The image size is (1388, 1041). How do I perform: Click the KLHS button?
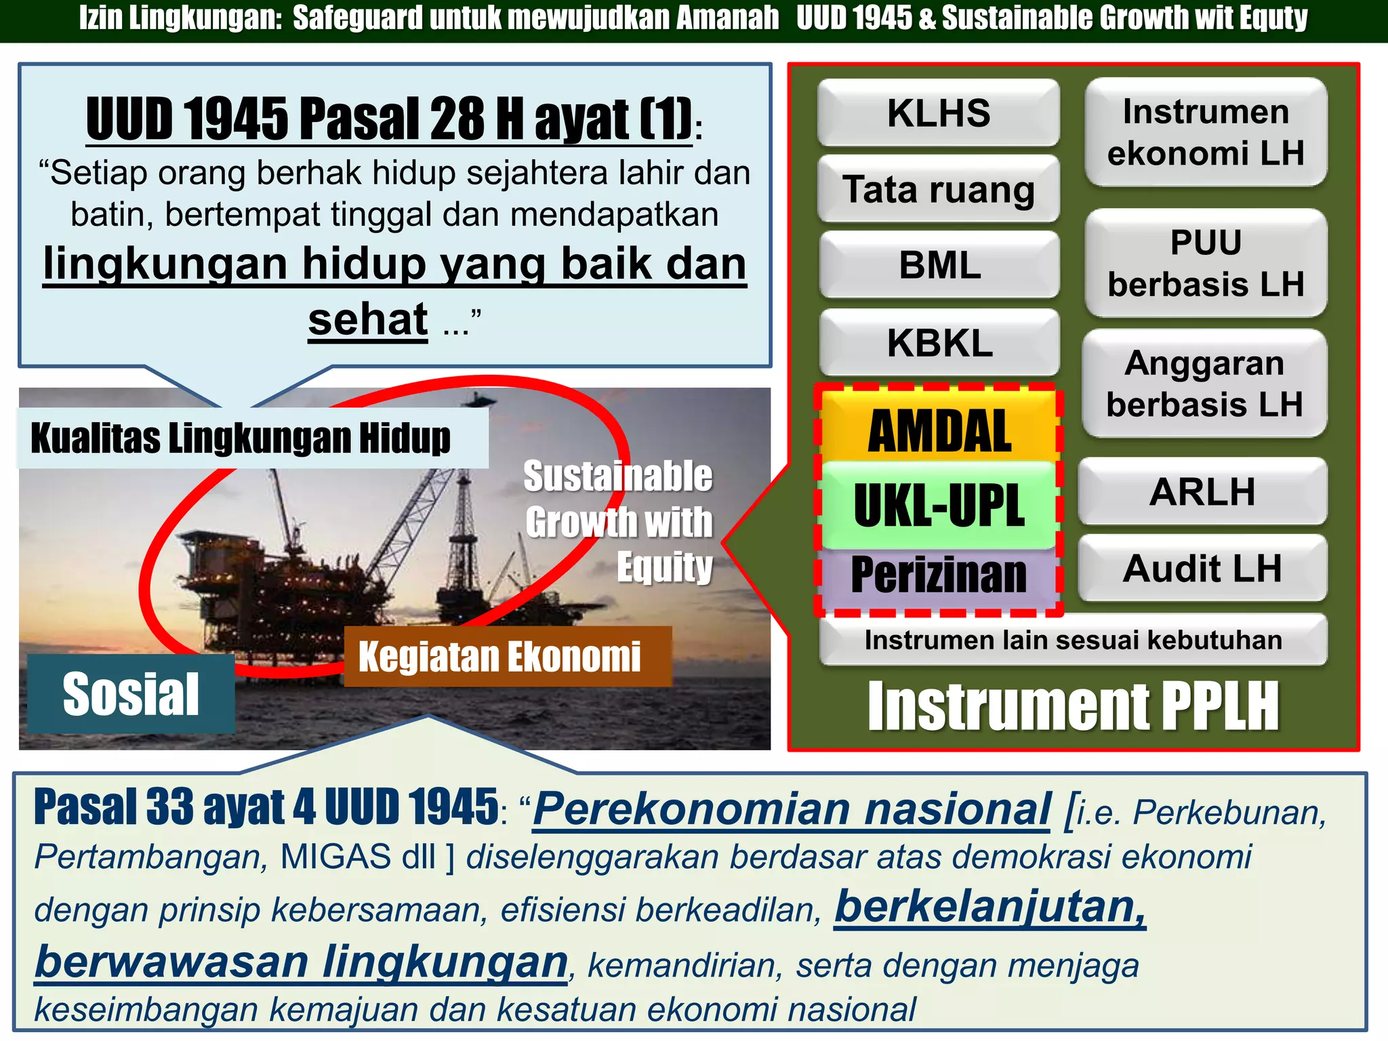coord(938,113)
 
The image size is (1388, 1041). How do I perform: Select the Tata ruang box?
coord(938,189)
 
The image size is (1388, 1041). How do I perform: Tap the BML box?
coord(939,265)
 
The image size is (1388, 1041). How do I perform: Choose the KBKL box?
coord(939,343)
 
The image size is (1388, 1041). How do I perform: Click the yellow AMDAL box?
coord(939,430)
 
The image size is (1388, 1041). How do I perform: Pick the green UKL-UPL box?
coord(939,506)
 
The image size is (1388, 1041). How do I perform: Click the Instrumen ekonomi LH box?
coord(1206,132)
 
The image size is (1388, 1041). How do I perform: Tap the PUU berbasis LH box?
coord(1206,263)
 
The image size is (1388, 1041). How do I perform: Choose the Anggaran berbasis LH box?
coord(1204,384)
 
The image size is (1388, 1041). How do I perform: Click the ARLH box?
coord(1202,492)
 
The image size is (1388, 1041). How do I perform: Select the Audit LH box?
coord(1202,568)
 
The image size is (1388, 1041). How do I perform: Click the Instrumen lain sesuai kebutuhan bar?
coord(1073,640)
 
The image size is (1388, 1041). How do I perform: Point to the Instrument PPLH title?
coord(1073,707)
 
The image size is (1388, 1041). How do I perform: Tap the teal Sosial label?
coord(131,694)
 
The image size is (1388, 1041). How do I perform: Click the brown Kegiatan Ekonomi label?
coord(500,657)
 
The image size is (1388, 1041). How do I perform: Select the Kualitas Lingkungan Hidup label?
coord(241,438)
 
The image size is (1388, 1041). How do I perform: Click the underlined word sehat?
coord(368,319)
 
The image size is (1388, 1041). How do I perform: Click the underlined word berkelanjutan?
coord(989,907)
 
